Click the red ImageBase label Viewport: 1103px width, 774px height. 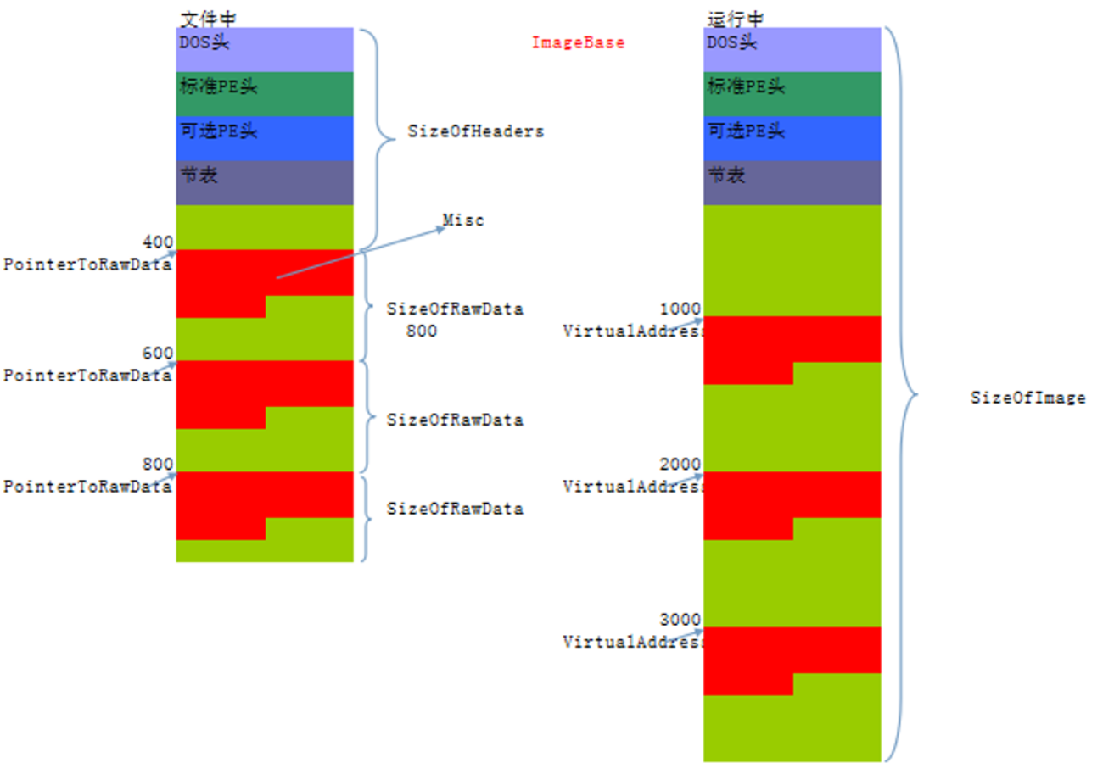pos(578,43)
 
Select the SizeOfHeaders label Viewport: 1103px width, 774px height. pos(475,132)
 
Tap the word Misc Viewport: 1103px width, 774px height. pos(463,220)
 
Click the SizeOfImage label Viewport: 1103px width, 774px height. pos(1027,398)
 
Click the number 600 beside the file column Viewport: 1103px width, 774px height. pos(159,353)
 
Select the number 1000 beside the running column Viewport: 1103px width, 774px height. pos(680,309)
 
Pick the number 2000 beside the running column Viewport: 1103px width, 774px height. pos(680,465)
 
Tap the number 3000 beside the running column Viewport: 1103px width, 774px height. pos(680,620)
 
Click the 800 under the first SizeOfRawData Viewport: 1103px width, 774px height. pos(421,331)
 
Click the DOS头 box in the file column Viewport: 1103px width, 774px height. pos(264,49)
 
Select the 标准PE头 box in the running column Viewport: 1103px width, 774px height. pos(792,93)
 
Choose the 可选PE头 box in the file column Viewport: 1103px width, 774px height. pos(264,138)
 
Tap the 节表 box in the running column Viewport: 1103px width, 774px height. pos(792,182)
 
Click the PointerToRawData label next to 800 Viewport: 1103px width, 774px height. pos(87,487)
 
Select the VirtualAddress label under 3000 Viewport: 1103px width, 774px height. pos(633,643)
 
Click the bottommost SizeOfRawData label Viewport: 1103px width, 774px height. pos(455,509)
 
